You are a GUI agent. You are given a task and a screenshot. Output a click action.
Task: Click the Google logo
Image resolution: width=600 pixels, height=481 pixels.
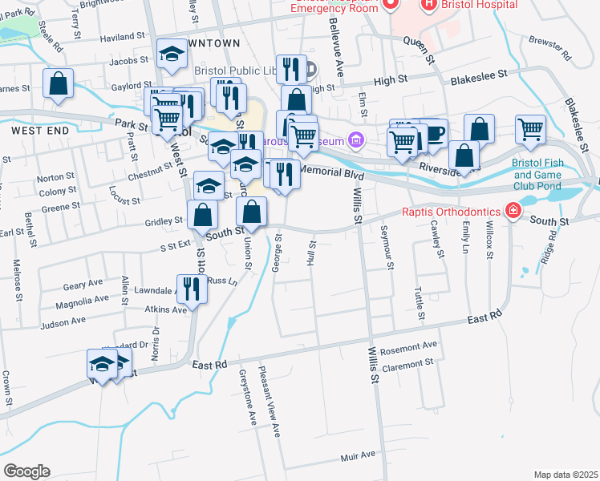click(x=26, y=471)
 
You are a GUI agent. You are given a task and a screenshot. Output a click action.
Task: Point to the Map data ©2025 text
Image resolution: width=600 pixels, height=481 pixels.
click(x=566, y=475)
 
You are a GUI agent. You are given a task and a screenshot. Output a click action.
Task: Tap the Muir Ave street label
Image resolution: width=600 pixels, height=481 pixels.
click(x=358, y=455)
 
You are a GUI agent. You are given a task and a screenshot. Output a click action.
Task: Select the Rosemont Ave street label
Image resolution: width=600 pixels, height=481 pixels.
click(x=409, y=346)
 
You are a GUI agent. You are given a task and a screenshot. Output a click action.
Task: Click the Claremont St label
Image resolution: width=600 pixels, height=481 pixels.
click(x=408, y=363)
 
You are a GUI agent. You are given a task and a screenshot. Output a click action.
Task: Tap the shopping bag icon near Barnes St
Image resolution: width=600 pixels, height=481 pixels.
click(x=58, y=83)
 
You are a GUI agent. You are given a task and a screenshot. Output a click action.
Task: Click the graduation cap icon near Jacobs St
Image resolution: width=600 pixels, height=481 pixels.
click(x=171, y=55)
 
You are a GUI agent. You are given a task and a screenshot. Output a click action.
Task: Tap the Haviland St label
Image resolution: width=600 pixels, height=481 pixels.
click(x=123, y=36)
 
